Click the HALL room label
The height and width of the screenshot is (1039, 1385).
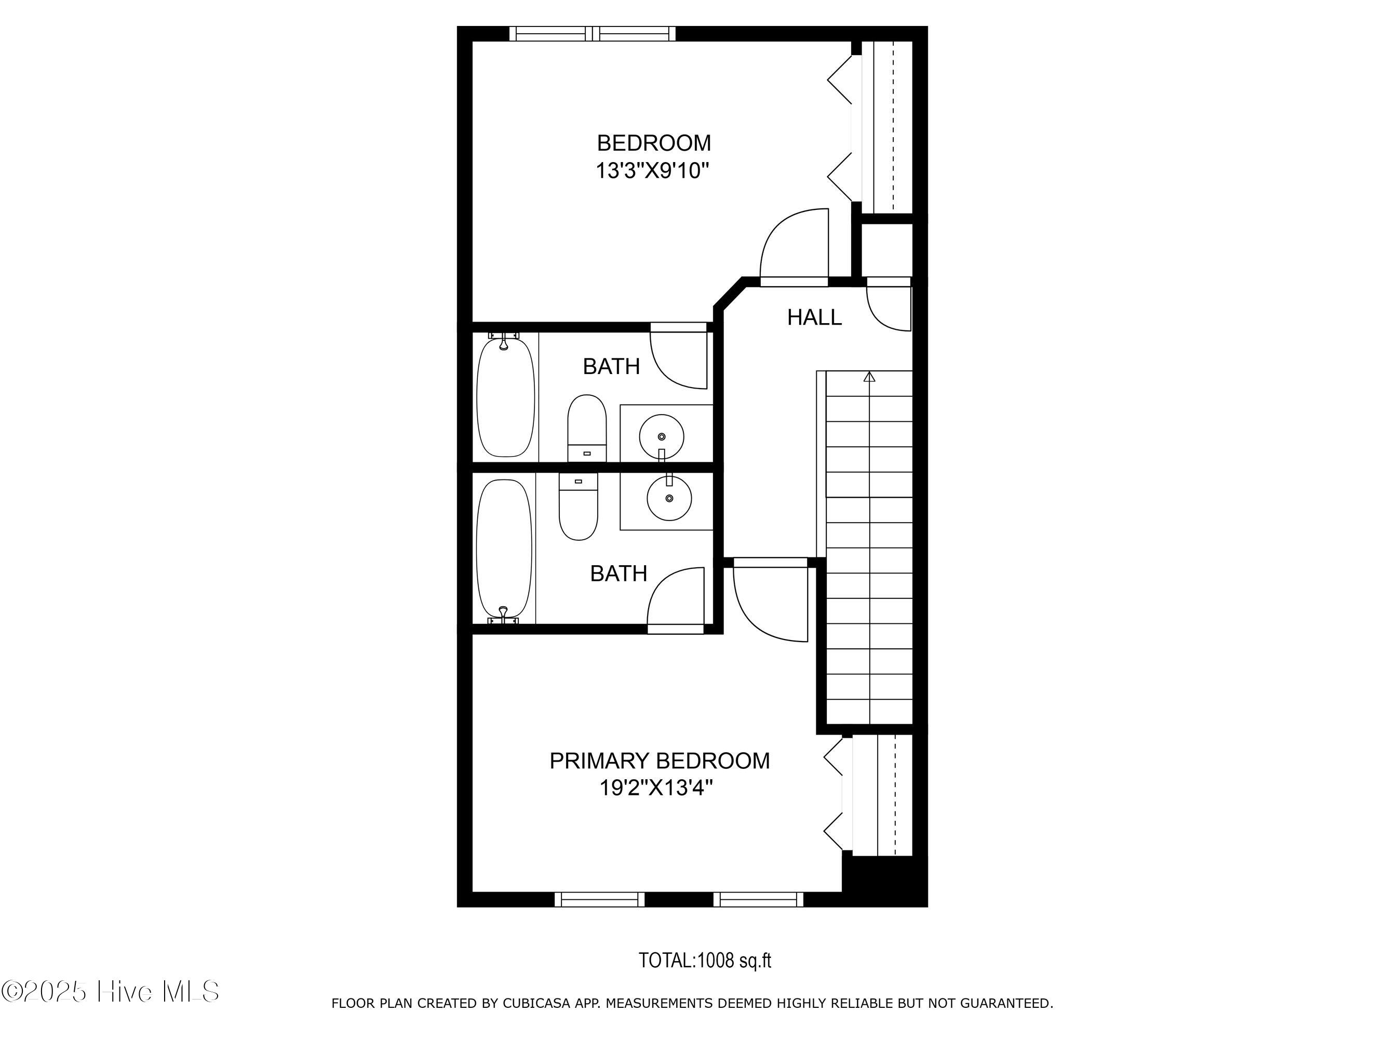(814, 317)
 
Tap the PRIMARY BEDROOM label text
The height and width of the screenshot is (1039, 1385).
(660, 761)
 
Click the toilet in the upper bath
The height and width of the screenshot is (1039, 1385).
(587, 429)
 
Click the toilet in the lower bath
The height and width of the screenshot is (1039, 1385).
(578, 506)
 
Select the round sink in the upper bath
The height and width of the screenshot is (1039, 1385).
(661, 436)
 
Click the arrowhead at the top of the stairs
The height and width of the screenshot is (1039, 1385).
(869, 377)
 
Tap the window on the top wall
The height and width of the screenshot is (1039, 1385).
(593, 33)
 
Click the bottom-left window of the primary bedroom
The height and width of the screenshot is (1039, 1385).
(599, 899)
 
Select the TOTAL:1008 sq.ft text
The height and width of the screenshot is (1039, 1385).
(704, 960)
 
